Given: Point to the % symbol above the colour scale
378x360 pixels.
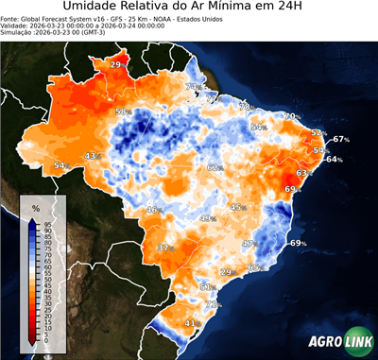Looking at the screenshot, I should [35, 207].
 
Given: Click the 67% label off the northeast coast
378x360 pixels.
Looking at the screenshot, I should [341, 139].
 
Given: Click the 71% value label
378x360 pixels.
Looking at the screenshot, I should [214, 304].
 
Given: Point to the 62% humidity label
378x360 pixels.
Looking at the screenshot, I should [215, 167].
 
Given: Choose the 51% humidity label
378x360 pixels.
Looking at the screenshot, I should [209, 286].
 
